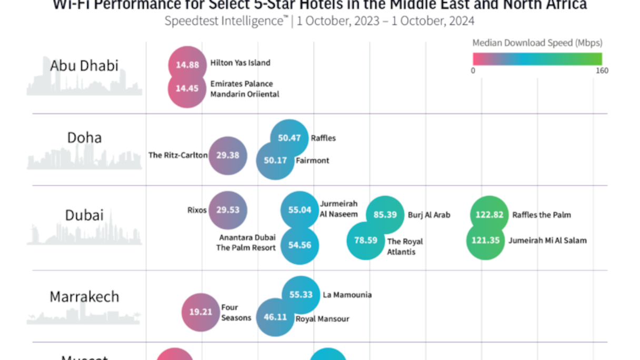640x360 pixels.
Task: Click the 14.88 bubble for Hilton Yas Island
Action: tap(187, 65)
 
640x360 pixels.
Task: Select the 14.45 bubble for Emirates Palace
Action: tap(187, 88)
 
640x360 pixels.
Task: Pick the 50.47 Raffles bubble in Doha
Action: tap(289, 138)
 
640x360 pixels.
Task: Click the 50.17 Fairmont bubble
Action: tap(275, 160)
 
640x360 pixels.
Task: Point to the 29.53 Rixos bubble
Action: tap(227, 209)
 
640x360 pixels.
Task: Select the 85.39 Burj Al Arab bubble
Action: tap(385, 215)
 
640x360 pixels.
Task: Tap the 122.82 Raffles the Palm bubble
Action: tap(489, 215)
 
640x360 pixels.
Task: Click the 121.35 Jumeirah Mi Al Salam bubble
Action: tap(486, 241)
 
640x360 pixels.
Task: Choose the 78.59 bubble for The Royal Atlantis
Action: tap(365, 241)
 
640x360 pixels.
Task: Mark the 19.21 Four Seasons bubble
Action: tap(201, 312)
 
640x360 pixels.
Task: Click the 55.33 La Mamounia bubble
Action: tap(301, 295)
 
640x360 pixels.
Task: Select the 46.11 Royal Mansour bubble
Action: tap(275, 317)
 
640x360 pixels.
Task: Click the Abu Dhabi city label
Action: tap(84, 66)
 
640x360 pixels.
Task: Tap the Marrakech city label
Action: tap(84, 296)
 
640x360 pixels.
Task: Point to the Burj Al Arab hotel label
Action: tap(429, 215)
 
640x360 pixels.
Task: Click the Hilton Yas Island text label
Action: tap(240, 63)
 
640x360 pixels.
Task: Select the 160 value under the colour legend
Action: tap(602, 71)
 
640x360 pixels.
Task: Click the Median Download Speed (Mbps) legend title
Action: tap(537, 43)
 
